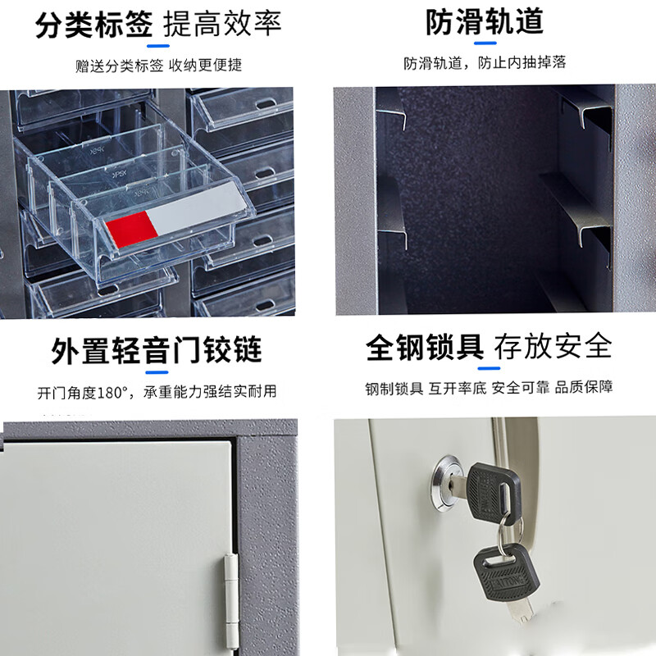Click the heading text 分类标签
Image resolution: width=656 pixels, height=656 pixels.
[94, 25]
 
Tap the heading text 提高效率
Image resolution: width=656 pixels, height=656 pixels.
[222, 25]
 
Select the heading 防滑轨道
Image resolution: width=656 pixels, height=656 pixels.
[484, 23]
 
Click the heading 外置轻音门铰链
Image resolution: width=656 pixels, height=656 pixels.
[157, 350]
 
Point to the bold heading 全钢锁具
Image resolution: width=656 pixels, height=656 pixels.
[424, 347]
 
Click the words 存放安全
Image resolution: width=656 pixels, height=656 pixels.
[555, 347]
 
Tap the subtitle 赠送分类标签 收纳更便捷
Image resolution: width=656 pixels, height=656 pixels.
[158, 65]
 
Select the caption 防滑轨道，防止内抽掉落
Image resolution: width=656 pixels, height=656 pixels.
[484, 62]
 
